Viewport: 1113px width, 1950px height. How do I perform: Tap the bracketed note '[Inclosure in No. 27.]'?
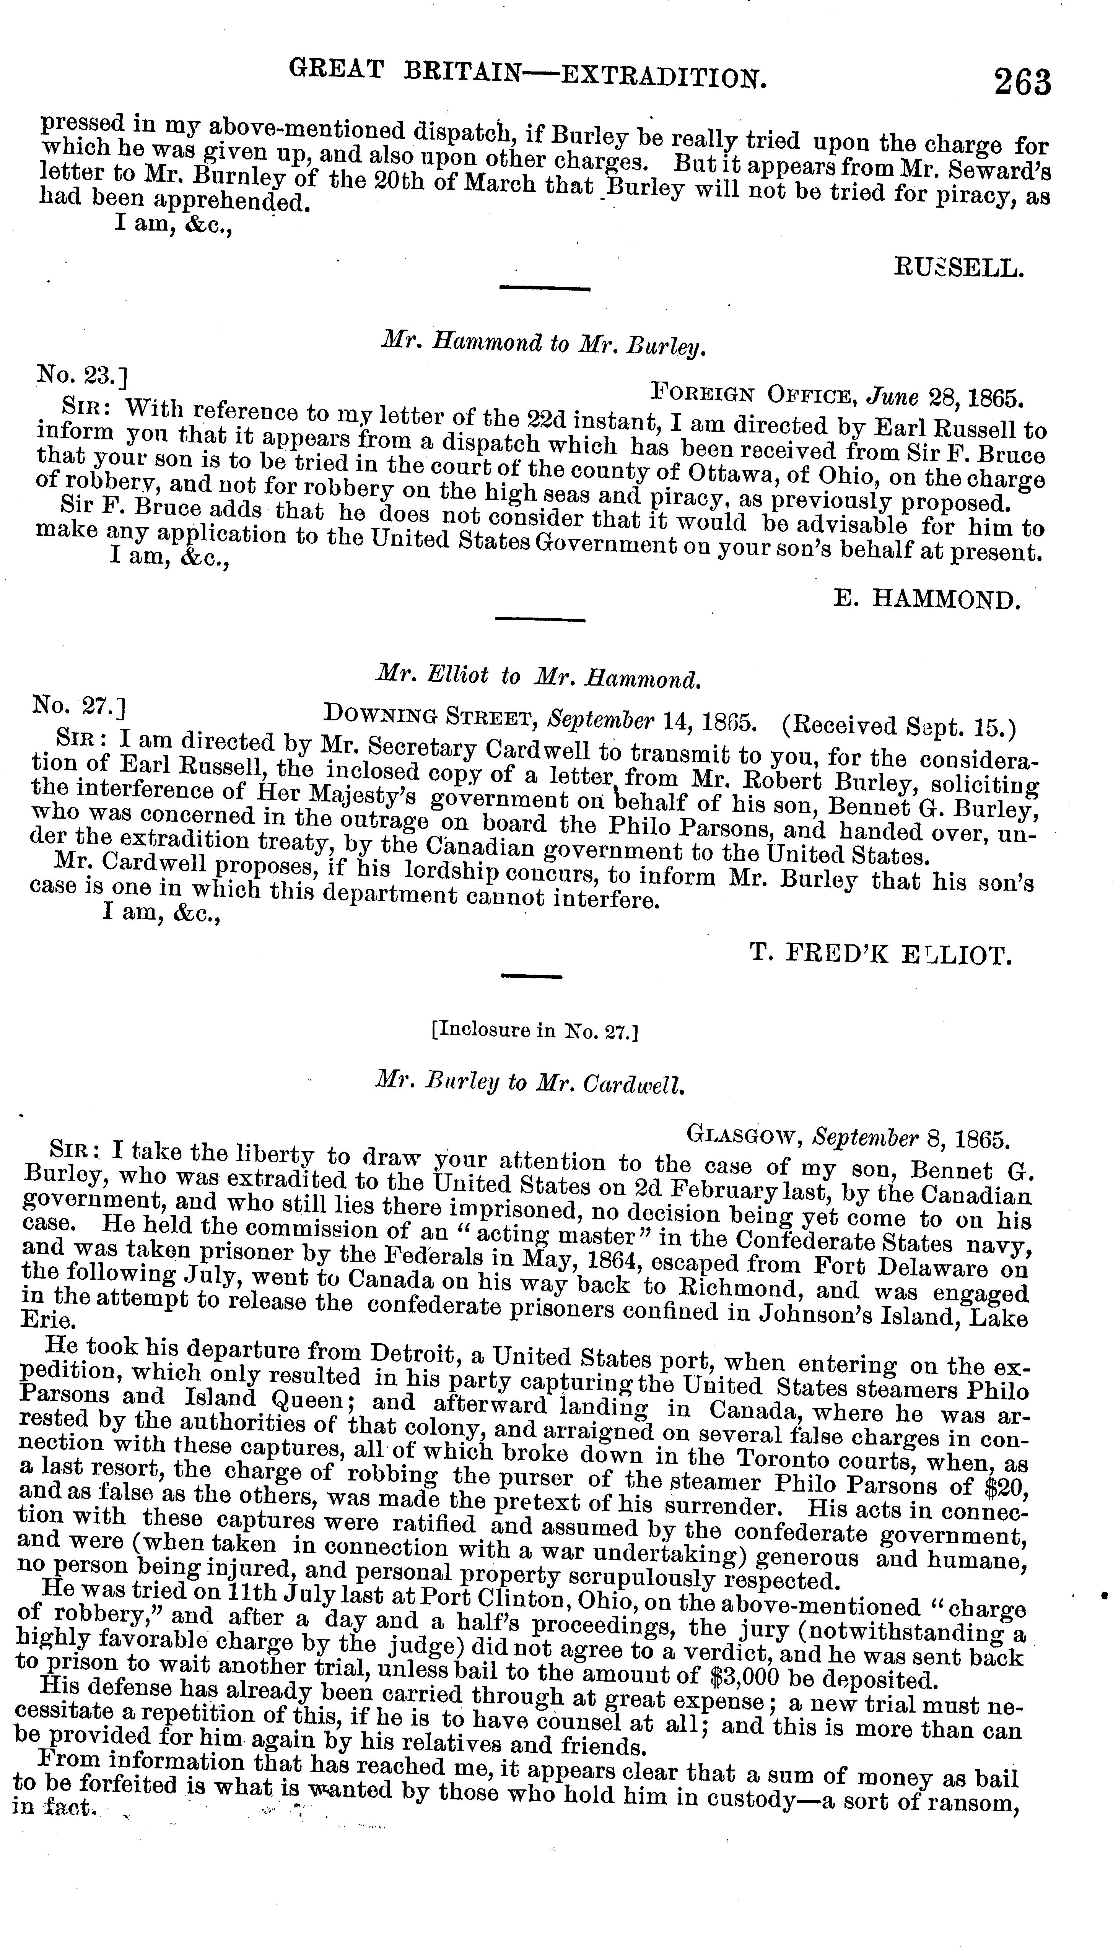coord(534,1032)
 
